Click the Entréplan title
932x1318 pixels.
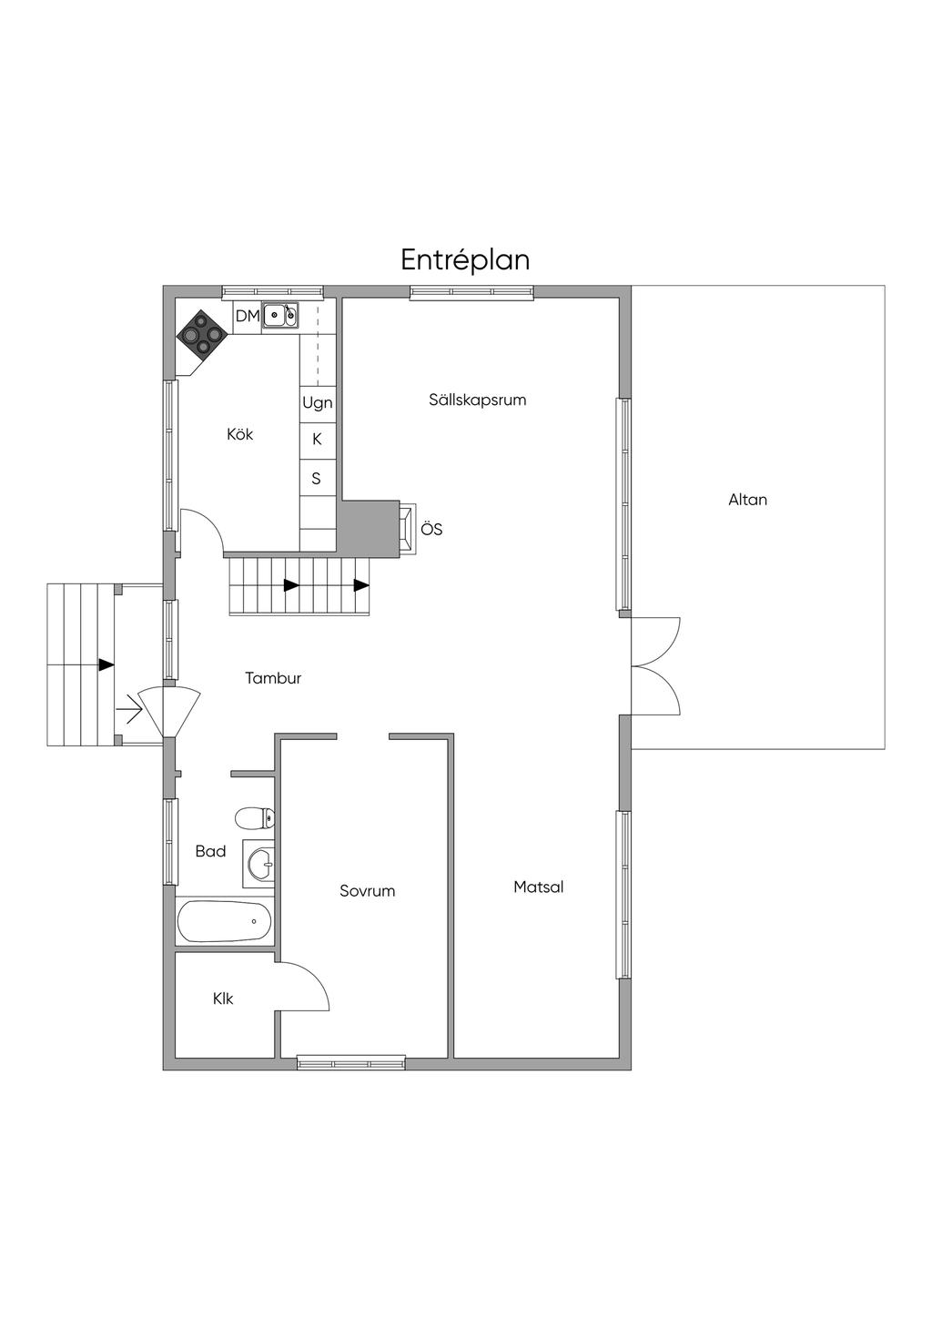click(x=465, y=259)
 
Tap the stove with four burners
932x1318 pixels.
click(x=202, y=335)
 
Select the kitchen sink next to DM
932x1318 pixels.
click(x=280, y=315)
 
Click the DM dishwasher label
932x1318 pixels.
click(x=248, y=316)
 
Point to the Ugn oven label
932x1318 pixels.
click(x=317, y=403)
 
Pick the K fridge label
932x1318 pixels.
click(x=317, y=439)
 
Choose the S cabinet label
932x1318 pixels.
click(x=316, y=479)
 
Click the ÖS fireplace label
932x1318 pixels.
click(x=431, y=529)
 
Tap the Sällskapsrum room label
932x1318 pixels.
click(x=477, y=400)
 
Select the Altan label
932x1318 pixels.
click(x=748, y=500)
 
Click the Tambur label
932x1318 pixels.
click(x=273, y=678)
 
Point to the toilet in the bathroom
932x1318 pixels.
click(x=255, y=817)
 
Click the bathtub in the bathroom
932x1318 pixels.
click(x=224, y=921)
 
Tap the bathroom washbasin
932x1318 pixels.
click(x=258, y=864)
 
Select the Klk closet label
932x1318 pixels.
click(x=223, y=999)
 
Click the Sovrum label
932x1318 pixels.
click(x=367, y=891)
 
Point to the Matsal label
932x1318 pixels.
click(x=539, y=887)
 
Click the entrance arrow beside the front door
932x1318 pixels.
click(x=129, y=714)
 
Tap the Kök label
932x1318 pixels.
click(x=240, y=434)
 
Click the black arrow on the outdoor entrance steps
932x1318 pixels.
click(x=106, y=664)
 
